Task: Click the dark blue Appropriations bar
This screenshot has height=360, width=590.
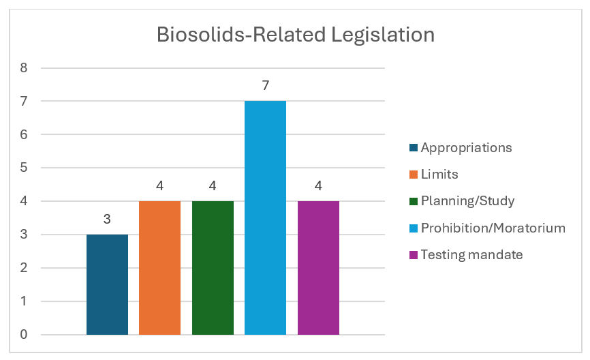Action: click(107, 284)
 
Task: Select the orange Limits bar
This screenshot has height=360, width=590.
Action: click(159, 267)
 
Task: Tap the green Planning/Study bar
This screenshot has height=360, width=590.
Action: click(213, 267)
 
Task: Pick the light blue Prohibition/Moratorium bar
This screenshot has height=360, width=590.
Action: click(265, 217)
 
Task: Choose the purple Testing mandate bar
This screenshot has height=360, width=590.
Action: click(318, 267)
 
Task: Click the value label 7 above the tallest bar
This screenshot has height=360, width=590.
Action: click(265, 87)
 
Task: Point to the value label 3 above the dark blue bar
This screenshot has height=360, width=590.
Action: click(107, 220)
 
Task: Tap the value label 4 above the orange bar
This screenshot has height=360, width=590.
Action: click(159, 186)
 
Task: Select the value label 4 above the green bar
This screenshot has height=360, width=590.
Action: click(213, 186)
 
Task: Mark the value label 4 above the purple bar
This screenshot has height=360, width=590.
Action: click(318, 186)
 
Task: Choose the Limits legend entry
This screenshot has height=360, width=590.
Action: click(439, 174)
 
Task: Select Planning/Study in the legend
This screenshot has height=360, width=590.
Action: click(467, 200)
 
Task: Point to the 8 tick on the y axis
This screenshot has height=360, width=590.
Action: click(24, 67)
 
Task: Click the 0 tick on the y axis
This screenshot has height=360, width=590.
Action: click(24, 335)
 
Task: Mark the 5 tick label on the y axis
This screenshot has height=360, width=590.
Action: click(24, 168)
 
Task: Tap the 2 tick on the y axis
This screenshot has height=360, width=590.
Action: click(24, 268)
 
